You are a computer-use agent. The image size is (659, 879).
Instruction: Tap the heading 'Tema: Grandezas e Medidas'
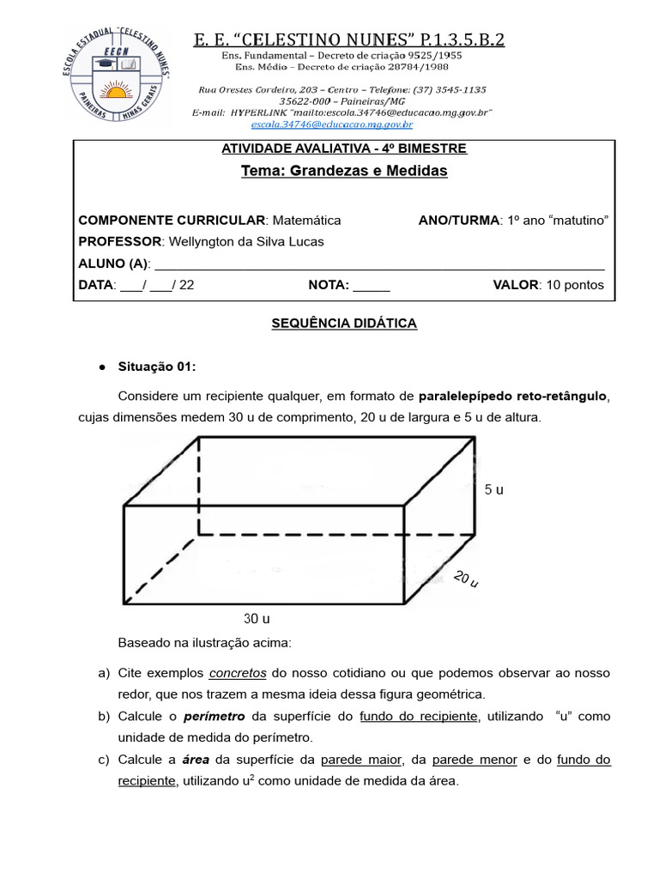click(x=344, y=171)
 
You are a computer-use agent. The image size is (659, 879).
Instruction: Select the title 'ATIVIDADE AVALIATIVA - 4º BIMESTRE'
click(x=344, y=149)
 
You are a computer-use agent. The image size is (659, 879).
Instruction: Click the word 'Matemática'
click(x=306, y=220)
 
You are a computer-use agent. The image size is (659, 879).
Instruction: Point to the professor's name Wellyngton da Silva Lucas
click(x=245, y=241)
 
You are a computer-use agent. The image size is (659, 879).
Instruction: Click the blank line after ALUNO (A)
click(x=378, y=264)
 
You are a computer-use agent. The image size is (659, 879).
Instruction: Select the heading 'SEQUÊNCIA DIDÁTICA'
click(x=344, y=323)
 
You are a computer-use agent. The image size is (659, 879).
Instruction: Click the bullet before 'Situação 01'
click(x=102, y=367)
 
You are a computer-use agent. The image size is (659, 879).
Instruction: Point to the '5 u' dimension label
click(x=494, y=490)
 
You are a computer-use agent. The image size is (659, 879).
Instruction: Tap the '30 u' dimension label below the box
click(x=257, y=618)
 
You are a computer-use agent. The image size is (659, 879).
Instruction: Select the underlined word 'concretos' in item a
click(x=238, y=672)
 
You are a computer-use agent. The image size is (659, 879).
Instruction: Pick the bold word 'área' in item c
click(x=196, y=760)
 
